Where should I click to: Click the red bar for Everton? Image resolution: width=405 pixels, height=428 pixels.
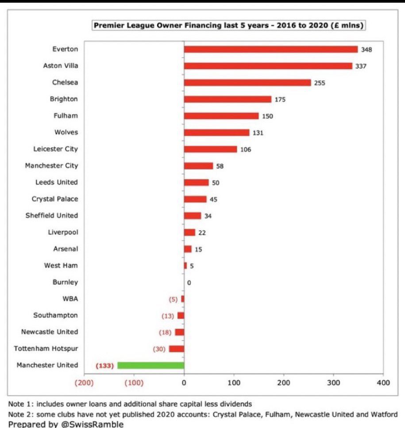270,49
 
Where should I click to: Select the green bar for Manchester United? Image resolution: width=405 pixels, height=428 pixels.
150,365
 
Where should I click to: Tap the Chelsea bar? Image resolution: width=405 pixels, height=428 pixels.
247,83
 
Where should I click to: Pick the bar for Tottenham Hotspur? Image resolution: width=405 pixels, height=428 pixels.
177,349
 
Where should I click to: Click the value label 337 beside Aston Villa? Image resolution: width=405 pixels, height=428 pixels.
361,66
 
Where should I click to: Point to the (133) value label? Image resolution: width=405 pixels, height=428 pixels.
105,366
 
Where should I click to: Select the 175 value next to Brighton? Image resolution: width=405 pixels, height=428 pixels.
280,99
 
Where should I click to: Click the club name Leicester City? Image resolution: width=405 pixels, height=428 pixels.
55,149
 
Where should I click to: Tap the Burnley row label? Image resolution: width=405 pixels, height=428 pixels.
66,282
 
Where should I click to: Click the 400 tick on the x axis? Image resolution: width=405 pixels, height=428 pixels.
383,382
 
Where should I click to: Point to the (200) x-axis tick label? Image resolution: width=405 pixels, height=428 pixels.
84,382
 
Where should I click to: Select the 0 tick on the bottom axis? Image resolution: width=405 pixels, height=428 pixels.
184,382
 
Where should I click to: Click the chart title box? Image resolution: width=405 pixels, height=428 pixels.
228,26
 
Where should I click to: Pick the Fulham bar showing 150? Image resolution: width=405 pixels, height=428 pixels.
221,116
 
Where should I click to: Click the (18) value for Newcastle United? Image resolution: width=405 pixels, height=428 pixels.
166,332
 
